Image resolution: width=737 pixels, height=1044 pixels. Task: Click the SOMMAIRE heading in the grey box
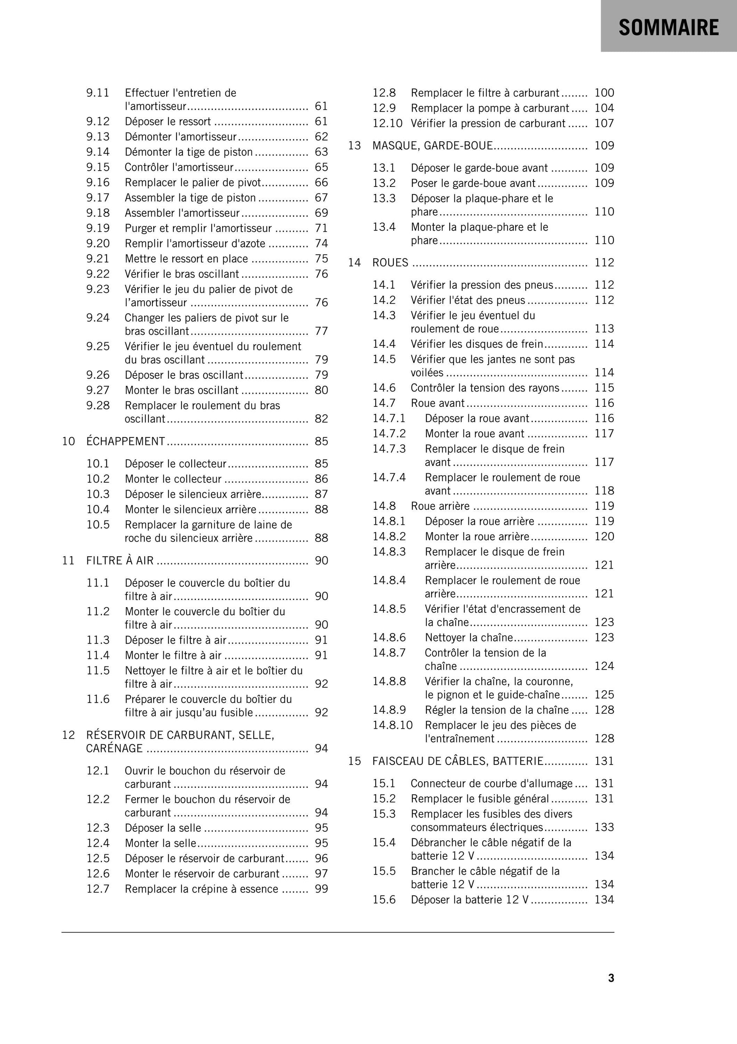(x=668, y=28)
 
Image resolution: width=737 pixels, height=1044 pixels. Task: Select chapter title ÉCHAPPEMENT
(x=126, y=441)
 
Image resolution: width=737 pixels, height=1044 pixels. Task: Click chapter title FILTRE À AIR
(x=120, y=561)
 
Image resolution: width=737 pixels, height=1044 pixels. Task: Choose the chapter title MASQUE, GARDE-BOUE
(x=432, y=146)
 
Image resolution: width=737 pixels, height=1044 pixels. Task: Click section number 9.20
(x=98, y=243)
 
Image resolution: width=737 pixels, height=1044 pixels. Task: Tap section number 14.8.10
(x=393, y=725)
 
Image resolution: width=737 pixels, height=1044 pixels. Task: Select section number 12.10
(x=387, y=123)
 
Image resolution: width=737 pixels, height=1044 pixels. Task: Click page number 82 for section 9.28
(x=321, y=419)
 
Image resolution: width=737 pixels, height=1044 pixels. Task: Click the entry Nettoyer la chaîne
(x=469, y=638)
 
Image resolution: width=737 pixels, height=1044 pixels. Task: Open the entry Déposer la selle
(x=163, y=828)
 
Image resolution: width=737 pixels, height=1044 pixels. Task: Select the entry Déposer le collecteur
(x=175, y=464)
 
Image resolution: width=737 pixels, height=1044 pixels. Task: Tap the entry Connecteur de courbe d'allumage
(x=492, y=784)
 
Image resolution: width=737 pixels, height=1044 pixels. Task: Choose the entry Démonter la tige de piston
(x=189, y=152)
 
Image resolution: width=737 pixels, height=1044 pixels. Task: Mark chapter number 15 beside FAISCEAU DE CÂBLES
(x=354, y=761)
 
